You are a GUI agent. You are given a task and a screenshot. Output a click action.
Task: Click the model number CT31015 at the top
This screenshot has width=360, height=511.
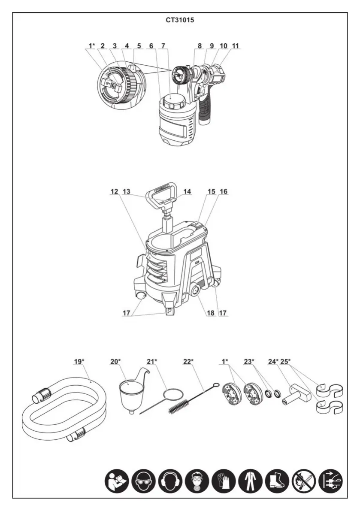pyautogui.click(x=180, y=20)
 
